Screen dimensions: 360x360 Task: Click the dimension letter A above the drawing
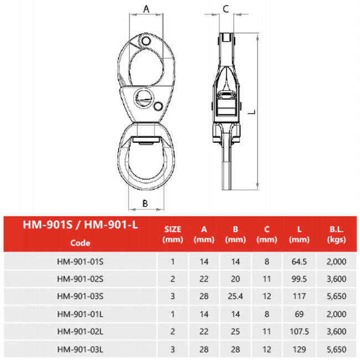pos(146,9)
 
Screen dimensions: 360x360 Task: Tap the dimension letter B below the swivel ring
pos(145,203)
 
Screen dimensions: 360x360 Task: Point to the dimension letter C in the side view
pos(225,9)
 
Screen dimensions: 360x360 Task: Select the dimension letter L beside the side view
pos(253,112)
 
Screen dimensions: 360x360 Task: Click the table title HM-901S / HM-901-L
pos(80,225)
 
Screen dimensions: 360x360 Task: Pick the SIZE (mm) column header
pos(173,234)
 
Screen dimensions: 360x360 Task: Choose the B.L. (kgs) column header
pos(336,234)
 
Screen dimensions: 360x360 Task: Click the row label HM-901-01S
pos(80,261)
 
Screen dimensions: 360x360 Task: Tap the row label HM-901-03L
pos(80,349)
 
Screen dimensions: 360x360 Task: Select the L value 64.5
pos(299,261)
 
